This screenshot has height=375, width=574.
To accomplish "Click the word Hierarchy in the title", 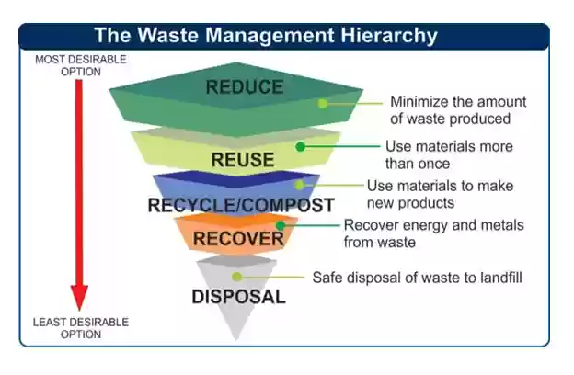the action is (389, 36).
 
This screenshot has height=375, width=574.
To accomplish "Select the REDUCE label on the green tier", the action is (245, 87).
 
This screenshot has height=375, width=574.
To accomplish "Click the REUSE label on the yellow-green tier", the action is (243, 160).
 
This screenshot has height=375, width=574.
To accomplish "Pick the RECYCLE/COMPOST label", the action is (241, 205).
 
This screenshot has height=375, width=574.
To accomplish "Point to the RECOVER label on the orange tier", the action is (238, 239).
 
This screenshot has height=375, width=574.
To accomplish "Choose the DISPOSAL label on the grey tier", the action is (238, 297).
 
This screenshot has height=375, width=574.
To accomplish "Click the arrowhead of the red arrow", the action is (79, 297).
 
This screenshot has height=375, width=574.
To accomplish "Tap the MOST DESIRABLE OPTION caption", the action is (81, 65).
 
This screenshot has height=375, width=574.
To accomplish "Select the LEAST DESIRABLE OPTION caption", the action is (81, 328).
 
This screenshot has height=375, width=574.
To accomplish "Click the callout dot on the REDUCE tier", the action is (323, 104).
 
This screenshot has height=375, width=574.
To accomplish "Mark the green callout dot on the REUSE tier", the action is (300, 147).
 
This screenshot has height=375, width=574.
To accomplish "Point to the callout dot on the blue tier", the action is (300, 185).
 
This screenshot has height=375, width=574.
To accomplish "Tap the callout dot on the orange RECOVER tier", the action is (281, 225).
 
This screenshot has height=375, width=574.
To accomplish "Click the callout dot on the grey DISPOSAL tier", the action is (236, 277).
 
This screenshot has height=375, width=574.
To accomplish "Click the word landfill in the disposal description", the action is (501, 278).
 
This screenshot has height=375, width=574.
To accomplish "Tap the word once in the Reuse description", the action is (434, 164).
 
